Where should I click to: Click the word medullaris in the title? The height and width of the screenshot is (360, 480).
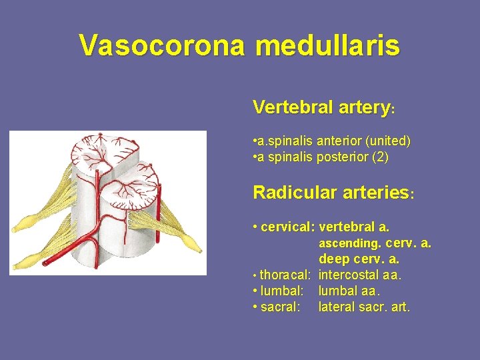pyautogui.click(x=327, y=45)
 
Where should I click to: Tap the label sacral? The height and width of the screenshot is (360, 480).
pyautogui.click(x=281, y=307)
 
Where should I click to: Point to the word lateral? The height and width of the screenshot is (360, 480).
pyautogui.click(x=335, y=307)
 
